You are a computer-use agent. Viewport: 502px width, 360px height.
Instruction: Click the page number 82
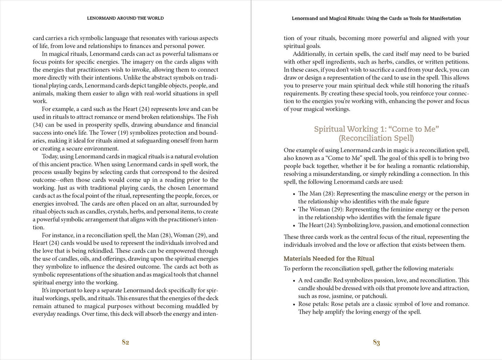[125, 342]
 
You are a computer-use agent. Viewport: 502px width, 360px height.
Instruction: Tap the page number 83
[376, 342]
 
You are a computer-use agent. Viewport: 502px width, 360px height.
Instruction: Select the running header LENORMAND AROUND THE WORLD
[125, 18]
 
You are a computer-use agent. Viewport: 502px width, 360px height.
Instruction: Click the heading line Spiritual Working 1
[376, 129]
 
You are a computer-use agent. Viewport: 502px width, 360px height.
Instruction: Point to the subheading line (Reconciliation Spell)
[376, 138]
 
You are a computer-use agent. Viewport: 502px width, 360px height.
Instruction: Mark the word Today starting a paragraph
[51, 156]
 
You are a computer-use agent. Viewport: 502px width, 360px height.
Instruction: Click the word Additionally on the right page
[311, 53]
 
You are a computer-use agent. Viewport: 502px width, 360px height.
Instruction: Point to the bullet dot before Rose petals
[293, 304]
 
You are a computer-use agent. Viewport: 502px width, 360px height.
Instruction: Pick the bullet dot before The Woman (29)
[293, 210]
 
